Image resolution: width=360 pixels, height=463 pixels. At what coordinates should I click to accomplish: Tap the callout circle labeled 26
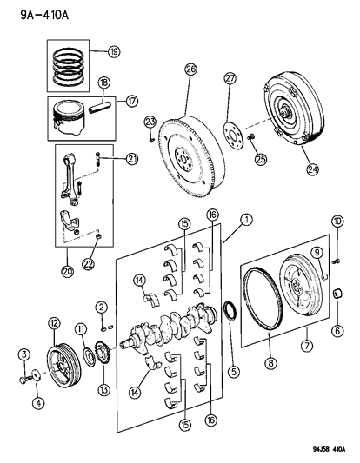190,69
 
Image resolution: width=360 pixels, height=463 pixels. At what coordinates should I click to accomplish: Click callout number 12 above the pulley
54,323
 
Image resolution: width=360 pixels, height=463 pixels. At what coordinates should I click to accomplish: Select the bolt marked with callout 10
333,253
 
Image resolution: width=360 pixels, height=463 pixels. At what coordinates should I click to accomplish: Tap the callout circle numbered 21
132,157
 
